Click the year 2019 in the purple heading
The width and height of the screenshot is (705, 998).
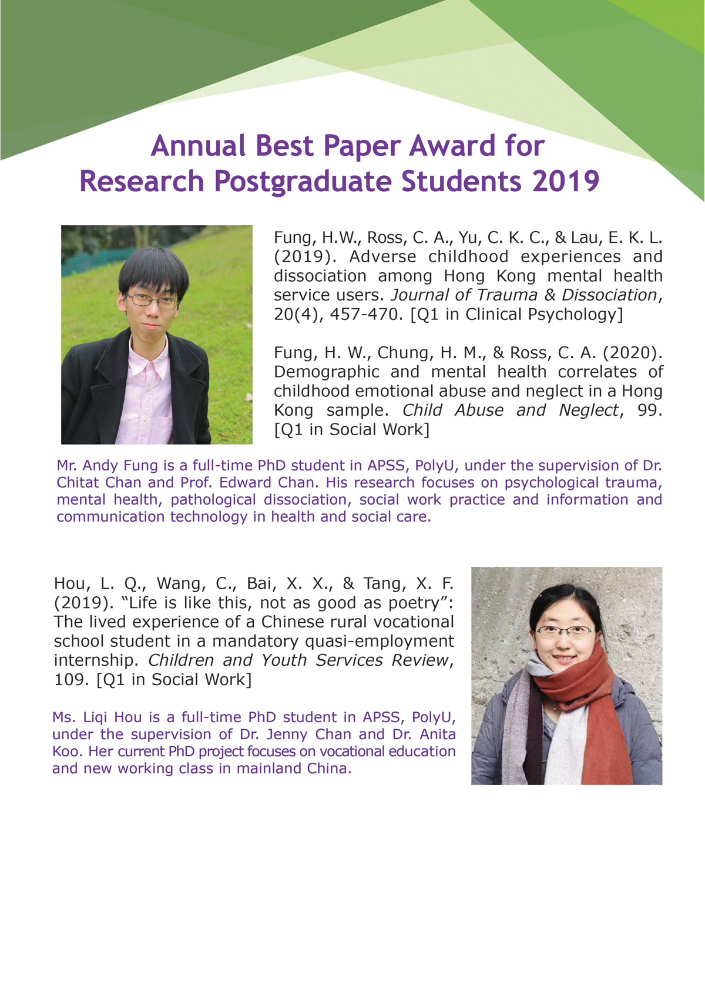coord(565,181)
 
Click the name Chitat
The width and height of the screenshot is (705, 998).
coord(78,482)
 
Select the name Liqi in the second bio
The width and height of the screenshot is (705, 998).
coord(95,717)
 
